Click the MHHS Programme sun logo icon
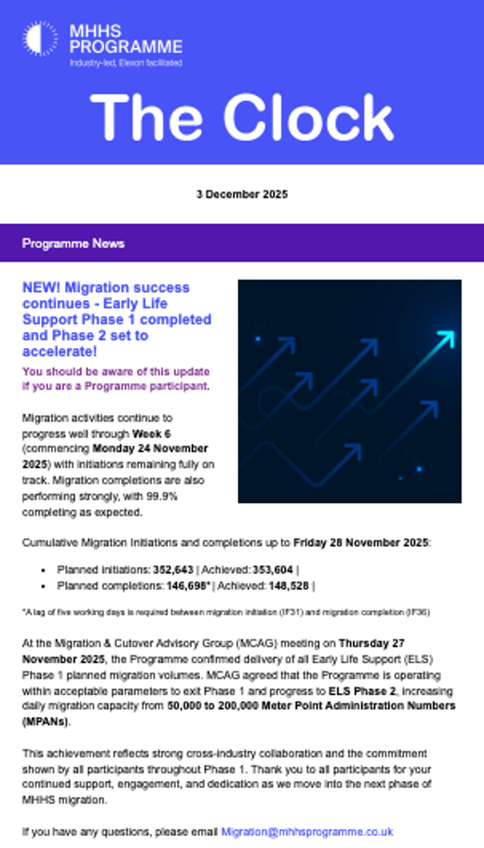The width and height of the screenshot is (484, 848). (x=40, y=39)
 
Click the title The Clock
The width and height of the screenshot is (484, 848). (x=242, y=117)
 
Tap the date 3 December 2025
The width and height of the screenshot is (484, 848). (x=242, y=194)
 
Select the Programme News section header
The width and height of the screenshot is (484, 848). (x=73, y=243)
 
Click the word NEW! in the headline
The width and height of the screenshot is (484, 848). (x=41, y=288)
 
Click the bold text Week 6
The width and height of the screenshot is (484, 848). (x=151, y=434)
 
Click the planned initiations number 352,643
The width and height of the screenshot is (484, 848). (x=173, y=570)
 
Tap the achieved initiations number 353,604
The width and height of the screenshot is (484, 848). (x=273, y=570)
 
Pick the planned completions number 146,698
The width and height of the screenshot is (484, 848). (x=187, y=586)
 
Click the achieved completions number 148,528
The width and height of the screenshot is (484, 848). (x=288, y=586)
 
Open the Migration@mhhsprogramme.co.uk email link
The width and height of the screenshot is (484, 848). (x=307, y=832)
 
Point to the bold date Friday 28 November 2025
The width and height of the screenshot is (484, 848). (x=361, y=543)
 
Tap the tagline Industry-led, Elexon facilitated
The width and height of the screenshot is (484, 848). (x=126, y=63)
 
